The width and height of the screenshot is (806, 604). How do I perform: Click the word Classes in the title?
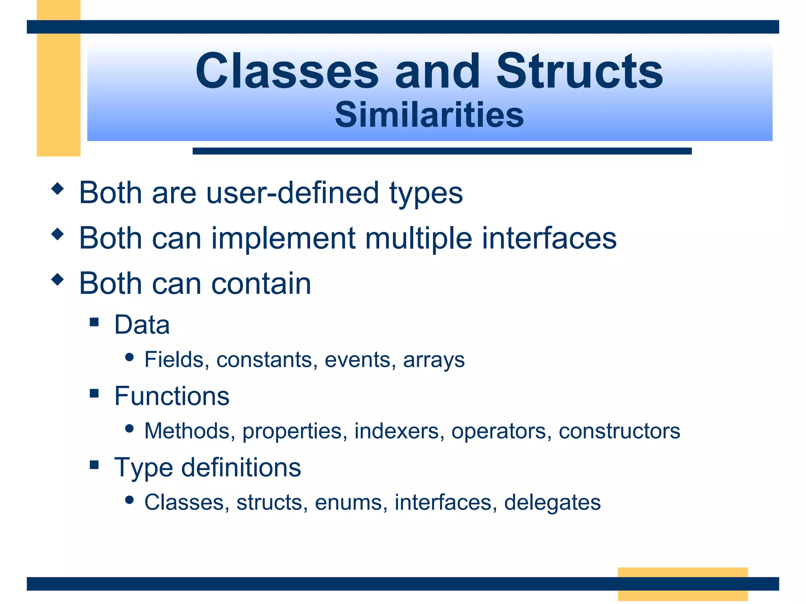pyautogui.click(x=287, y=72)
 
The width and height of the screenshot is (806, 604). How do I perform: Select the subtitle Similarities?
pyautogui.click(x=429, y=115)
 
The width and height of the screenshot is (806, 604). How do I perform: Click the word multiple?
pyautogui.click(x=418, y=238)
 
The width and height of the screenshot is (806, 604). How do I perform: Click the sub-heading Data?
pyautogui.click(x=142, y=325)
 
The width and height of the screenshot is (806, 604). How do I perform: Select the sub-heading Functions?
pyautogui.click(x=172, y=396)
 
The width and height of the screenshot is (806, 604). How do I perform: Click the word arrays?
pyautogui.click(x=434, y=360)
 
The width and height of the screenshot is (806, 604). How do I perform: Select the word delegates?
pyautogui.click(x=552, y=503)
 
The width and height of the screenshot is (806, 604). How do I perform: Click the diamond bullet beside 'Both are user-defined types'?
pyautogui.click(x=57, y=189)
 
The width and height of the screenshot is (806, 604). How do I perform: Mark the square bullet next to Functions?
pyautogui.click(x=94, y=393)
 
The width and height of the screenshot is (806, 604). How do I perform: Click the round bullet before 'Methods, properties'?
pyautogui.click(x=129, y=428)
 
